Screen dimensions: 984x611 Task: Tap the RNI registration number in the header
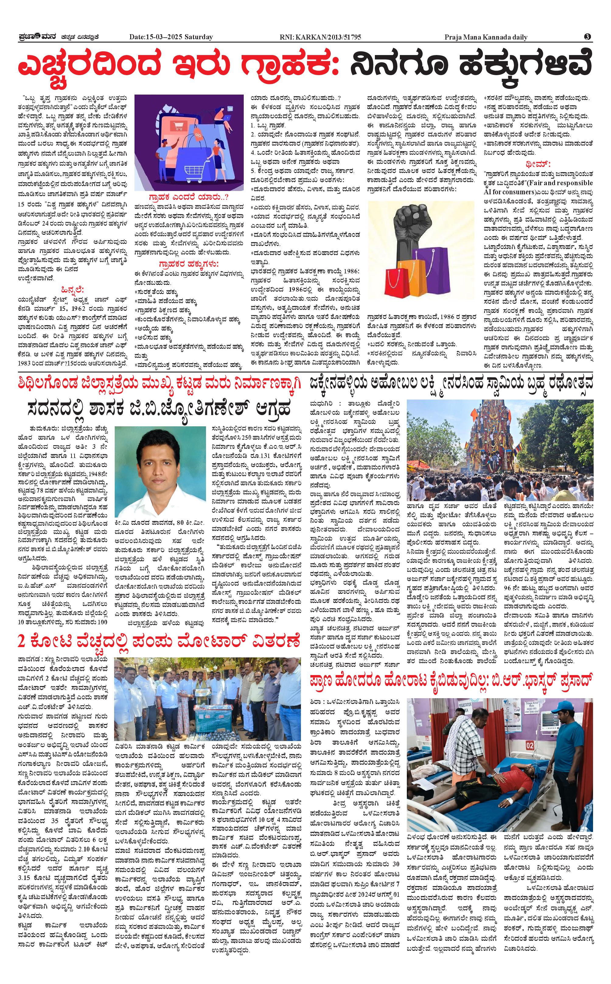pos(320,37)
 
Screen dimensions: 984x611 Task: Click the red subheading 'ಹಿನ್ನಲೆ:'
pos(72,289)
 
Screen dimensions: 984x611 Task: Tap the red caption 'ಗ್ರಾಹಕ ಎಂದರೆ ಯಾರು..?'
pos(189,197)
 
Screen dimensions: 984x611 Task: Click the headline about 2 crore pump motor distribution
pos(159,641)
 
